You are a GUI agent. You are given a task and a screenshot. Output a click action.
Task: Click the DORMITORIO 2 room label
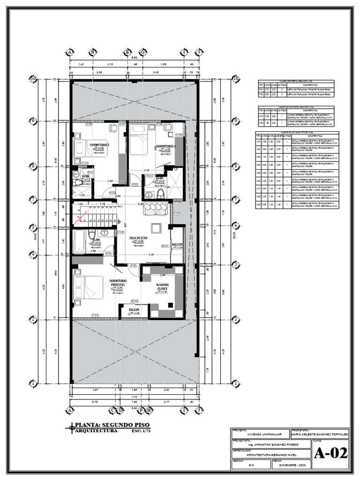(99, 145)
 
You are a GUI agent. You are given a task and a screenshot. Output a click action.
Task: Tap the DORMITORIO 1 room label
(166, 146)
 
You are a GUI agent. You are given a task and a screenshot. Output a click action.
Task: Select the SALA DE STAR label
(139, 238)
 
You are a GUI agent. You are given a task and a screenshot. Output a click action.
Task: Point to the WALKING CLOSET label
(163, 287)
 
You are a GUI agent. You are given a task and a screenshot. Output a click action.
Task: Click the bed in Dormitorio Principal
(88, 286)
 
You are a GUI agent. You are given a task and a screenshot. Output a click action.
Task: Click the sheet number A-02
(331, 453)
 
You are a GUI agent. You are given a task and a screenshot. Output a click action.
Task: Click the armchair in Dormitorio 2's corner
(112, 127)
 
